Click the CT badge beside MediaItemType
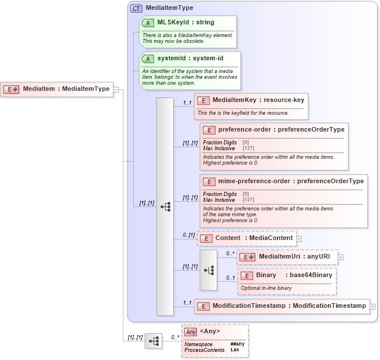coord(137,8)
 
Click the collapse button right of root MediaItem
coord(116,89)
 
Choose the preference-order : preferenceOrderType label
coord(280,130)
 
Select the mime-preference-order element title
coord(287,181)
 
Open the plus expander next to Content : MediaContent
coord(299,238)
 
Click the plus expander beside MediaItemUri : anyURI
coord(341,257)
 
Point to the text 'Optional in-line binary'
coord(266,288)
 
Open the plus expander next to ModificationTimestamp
coord(372,306)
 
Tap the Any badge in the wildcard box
coord(191,332)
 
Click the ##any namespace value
coord(237,344)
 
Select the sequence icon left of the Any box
coord(153,341)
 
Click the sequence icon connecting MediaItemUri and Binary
coord(209,270)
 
